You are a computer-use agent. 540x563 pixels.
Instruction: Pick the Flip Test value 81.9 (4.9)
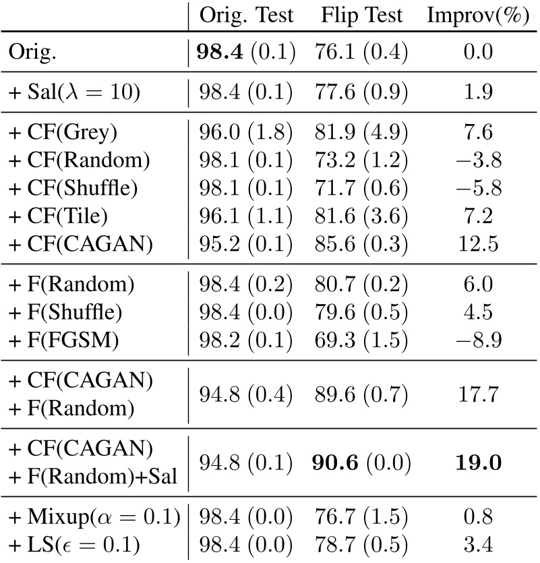tap(361, 133)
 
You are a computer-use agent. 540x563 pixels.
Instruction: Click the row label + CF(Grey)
tap(63, 133)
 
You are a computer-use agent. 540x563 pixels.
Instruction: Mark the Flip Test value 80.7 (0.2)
tap(361, 285)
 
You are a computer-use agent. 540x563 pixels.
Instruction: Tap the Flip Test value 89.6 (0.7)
tap(361, 392)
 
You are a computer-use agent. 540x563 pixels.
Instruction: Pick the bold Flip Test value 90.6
tap(340, 463)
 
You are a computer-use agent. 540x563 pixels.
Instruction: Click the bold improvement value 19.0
tap(477, 463)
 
